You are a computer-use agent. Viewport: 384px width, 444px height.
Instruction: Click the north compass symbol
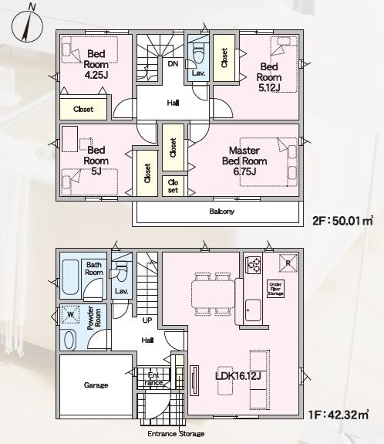(x=27, y=25)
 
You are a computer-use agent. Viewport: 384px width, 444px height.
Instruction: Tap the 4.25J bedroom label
(x=96, y=64)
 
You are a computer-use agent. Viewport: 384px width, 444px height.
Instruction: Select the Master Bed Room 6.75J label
(x=244, y=161)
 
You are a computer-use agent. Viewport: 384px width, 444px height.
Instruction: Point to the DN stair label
(x=173, y=64)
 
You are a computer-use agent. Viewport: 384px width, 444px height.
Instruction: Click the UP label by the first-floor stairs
(x=147, y=320)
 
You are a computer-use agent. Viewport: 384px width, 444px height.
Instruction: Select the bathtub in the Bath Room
(x=70, y=277)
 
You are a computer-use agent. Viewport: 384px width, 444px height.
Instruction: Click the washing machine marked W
(x=70, y=314)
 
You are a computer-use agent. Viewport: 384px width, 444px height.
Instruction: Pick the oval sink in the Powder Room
(x=70, y=340)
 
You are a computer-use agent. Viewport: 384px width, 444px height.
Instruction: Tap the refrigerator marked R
(x=288, y=263)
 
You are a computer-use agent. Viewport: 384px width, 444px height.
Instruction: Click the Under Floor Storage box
(x=276, y=289)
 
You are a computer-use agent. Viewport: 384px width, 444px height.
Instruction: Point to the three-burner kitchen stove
(x=254, y=265)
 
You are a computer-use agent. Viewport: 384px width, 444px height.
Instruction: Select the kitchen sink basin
(x=253, y=310)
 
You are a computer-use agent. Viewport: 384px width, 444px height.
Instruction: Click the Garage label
(x=96, y=385)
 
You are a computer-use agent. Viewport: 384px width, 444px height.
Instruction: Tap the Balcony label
(x=222, y=212)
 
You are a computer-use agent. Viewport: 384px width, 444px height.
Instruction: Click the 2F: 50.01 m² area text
(x=342, y=220)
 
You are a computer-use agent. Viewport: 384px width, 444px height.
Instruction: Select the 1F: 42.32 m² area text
(x=339, y=415)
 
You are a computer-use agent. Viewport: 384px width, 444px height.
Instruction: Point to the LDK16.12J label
(x=238, y=376)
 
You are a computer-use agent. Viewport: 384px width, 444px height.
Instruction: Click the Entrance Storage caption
(x=176, y=434)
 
